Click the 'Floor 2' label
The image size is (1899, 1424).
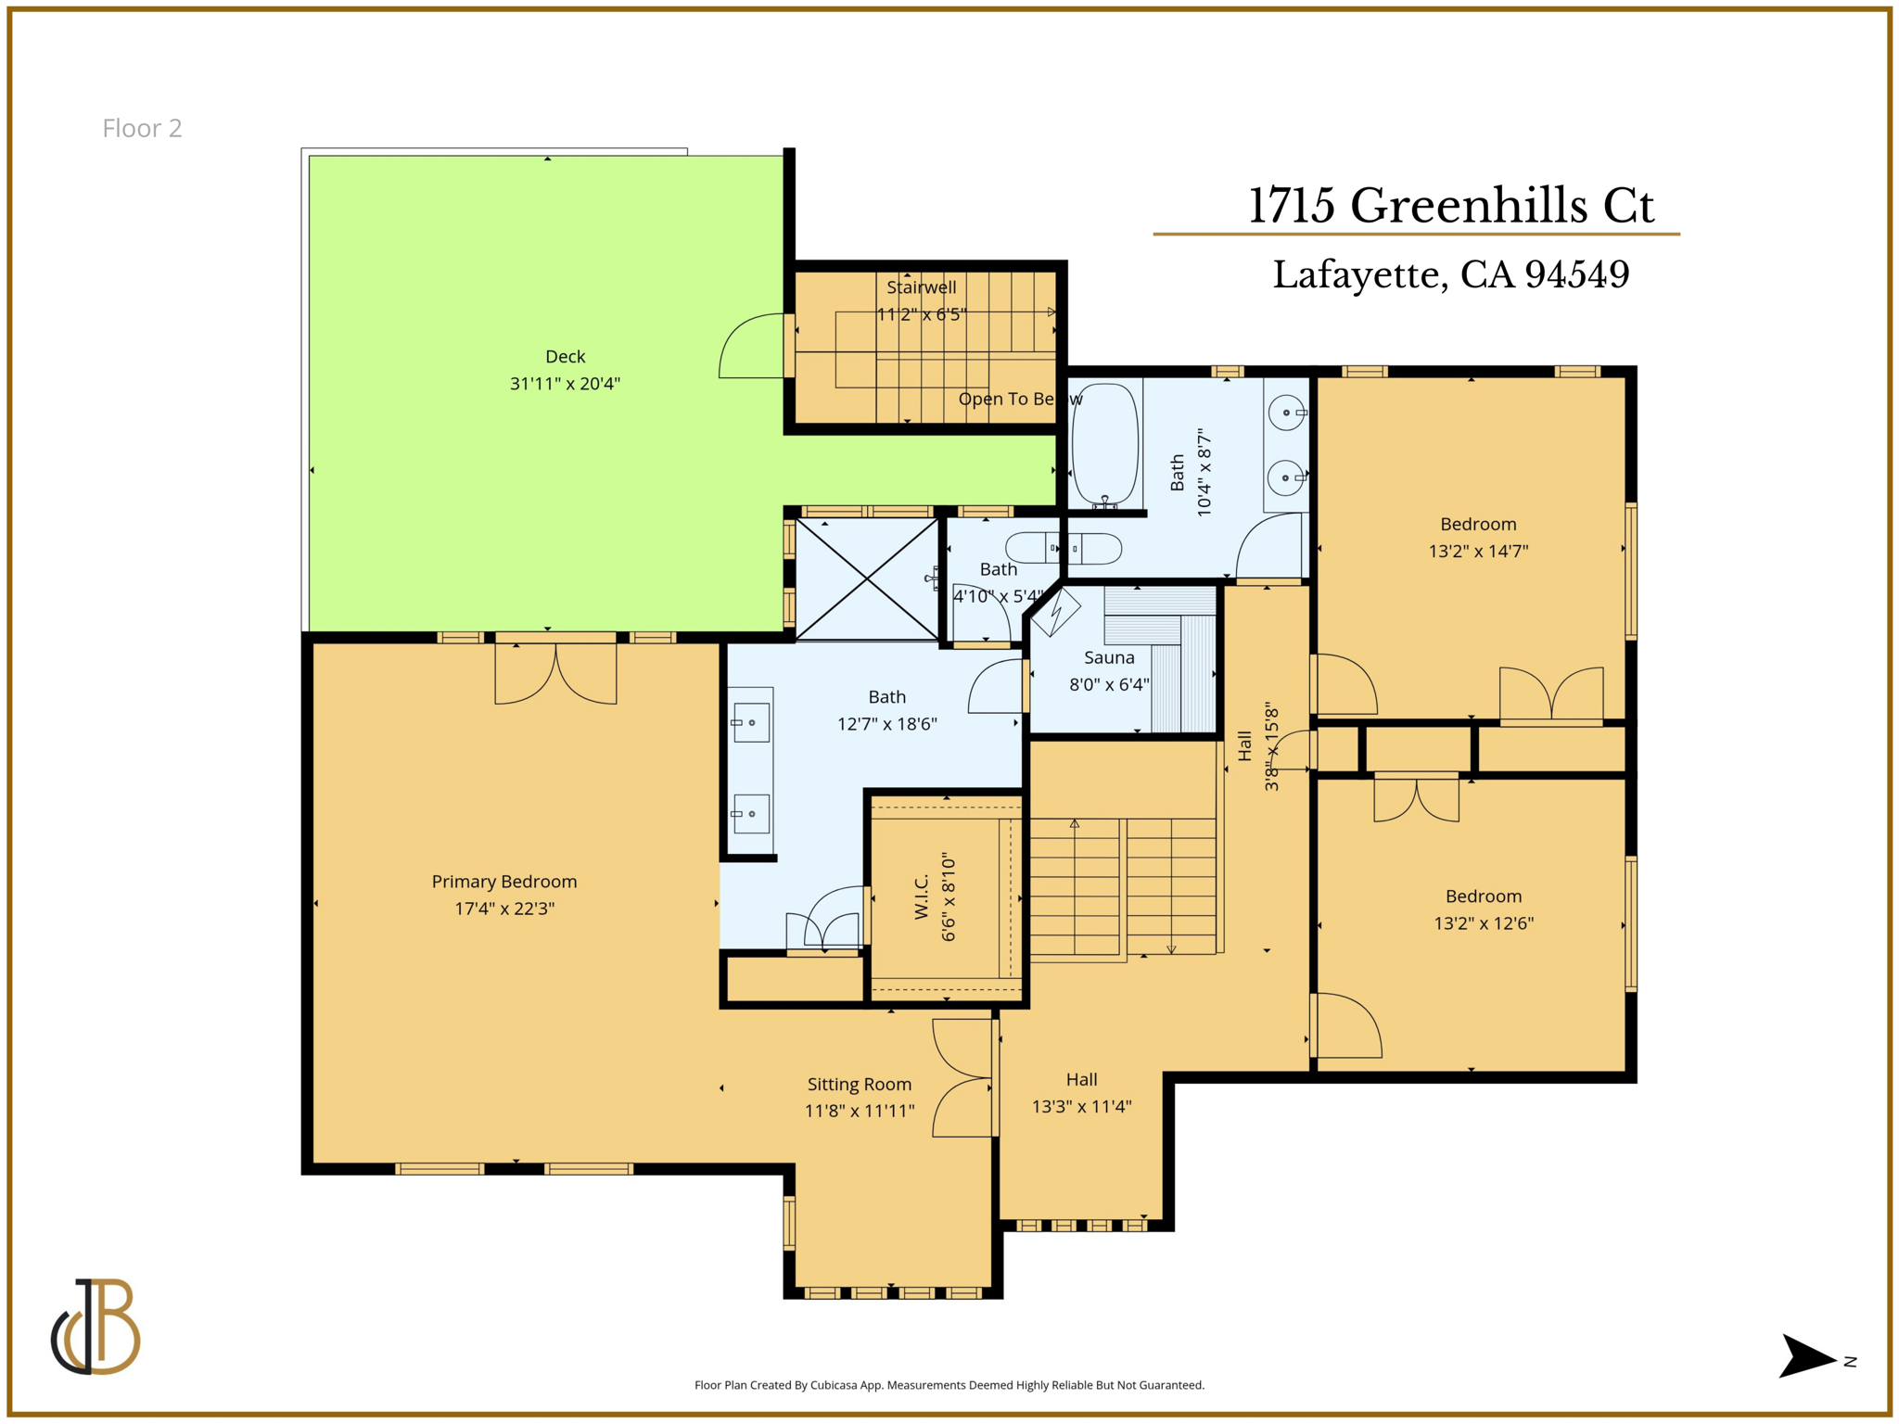(x=142, y=128)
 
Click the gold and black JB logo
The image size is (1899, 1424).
(x=96, y=1327)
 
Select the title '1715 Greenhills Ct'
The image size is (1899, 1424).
(x=1450, y=205)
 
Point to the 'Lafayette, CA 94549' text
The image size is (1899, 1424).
(x=1450, y=274)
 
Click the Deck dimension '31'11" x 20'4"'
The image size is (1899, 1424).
(x=565, y=383)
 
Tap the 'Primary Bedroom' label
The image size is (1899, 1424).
(x=504, y=882)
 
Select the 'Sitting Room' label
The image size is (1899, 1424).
(x=859, y=1084)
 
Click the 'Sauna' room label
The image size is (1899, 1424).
(x=1109, y=657)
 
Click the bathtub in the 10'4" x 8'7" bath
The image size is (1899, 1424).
(x=1105, y=444)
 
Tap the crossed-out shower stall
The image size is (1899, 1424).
(x=866, y=578)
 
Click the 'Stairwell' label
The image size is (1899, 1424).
(x=921, y=287)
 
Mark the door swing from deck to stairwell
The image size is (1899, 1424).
(x=753, y=347)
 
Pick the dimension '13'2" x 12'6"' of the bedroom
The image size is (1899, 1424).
(x=1484, y=923)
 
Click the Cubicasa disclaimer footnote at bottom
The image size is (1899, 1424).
(x=949, y=1385)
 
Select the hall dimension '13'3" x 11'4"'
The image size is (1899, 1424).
(x=1081, y=1106)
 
